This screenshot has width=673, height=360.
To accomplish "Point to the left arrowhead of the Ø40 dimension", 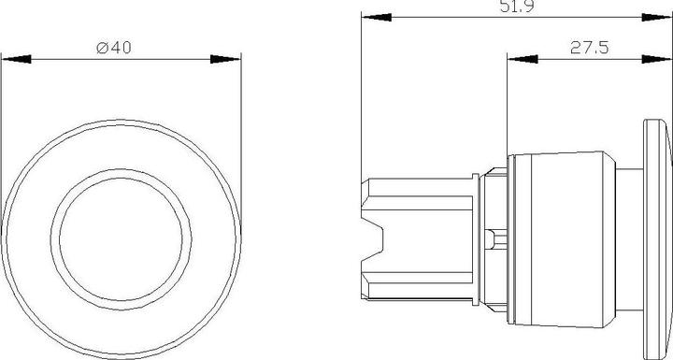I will point(15,59).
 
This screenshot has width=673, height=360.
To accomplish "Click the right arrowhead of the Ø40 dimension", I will point(228,59).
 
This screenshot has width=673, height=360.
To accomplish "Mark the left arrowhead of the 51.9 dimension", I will point(374,17).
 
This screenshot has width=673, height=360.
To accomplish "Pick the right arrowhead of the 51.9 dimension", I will point(660,17).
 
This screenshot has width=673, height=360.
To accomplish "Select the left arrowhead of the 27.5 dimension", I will point(519,59).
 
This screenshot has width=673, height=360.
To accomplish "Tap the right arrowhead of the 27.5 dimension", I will point(660,59).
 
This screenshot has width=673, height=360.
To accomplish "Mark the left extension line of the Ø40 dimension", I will point(3,140).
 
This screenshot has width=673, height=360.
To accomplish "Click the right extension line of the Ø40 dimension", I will point(240,140).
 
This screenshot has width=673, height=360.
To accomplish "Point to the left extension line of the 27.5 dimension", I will point(507,103).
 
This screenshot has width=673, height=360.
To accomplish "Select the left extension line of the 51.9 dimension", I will point(362,94).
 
